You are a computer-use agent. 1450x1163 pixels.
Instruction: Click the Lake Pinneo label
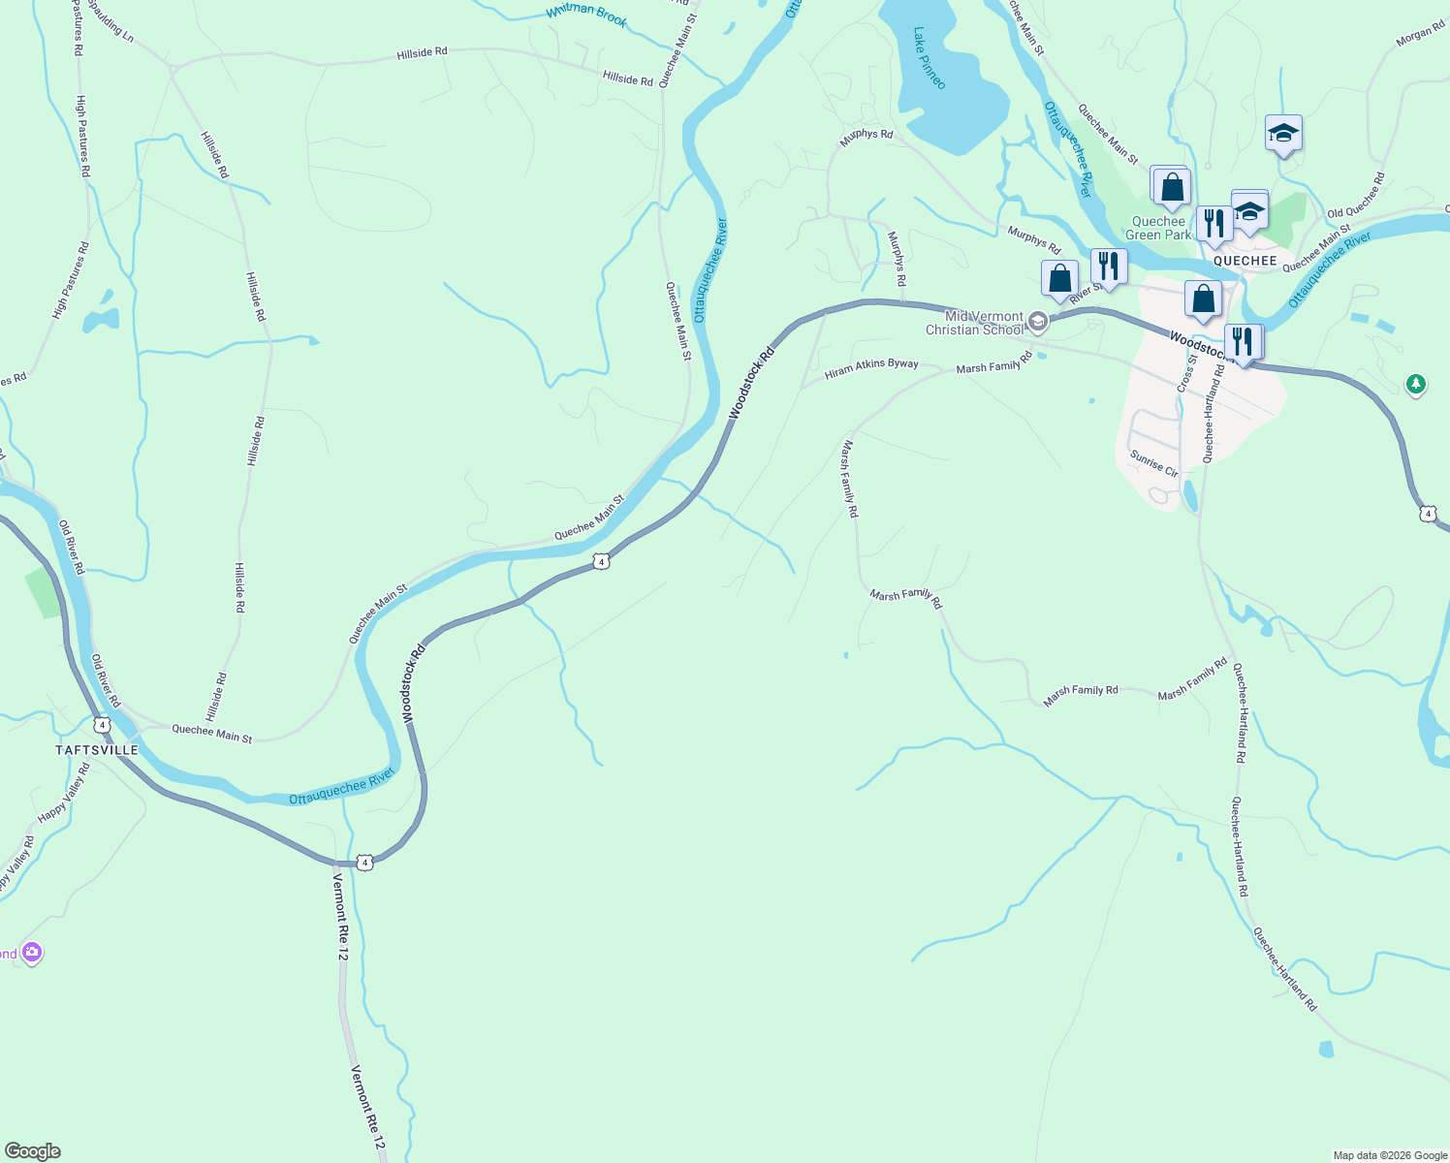pyautogui.click(x=929, y=58)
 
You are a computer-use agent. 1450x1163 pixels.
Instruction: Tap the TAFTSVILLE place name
pyautogui.click(x=97, y=750)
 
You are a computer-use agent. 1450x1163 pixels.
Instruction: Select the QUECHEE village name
pyautogui.click(x=1245, y=261)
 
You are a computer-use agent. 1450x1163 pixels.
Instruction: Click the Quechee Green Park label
pyautogui.click(x=1158, y=228)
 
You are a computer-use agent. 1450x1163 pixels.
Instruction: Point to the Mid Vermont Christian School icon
pyautogui.click(x=1037, y=322)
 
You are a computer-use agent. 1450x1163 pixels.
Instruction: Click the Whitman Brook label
pyautogui.click(x=586, y=15)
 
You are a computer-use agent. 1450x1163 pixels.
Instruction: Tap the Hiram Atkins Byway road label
pyautogui.click(x=870, y=368)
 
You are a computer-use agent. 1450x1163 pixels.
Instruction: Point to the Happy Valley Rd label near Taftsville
pyautogui.click(x=64, y=795)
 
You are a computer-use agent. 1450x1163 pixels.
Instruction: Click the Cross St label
pyautogui.click(x=1186, y=373)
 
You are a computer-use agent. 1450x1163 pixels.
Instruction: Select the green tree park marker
pyautogui.click(x=1416, y=385)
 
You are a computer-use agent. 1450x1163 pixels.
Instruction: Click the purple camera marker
pyautogui.click(x=32, y=953)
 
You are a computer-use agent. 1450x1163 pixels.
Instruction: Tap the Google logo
pyautogui.click(x=32, y=1151)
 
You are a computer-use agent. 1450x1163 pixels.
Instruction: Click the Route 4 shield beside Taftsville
pyautogui.click(x=103, y=724)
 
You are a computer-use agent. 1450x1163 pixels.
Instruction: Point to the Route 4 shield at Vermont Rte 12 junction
pyautogui.click(x=363, y=862)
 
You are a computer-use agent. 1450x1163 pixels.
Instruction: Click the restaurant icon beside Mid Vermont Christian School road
pyautogui.click(x=1108, y=266)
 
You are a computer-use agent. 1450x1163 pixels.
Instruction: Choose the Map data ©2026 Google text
pyautogui.click(x=1389, y=1155)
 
